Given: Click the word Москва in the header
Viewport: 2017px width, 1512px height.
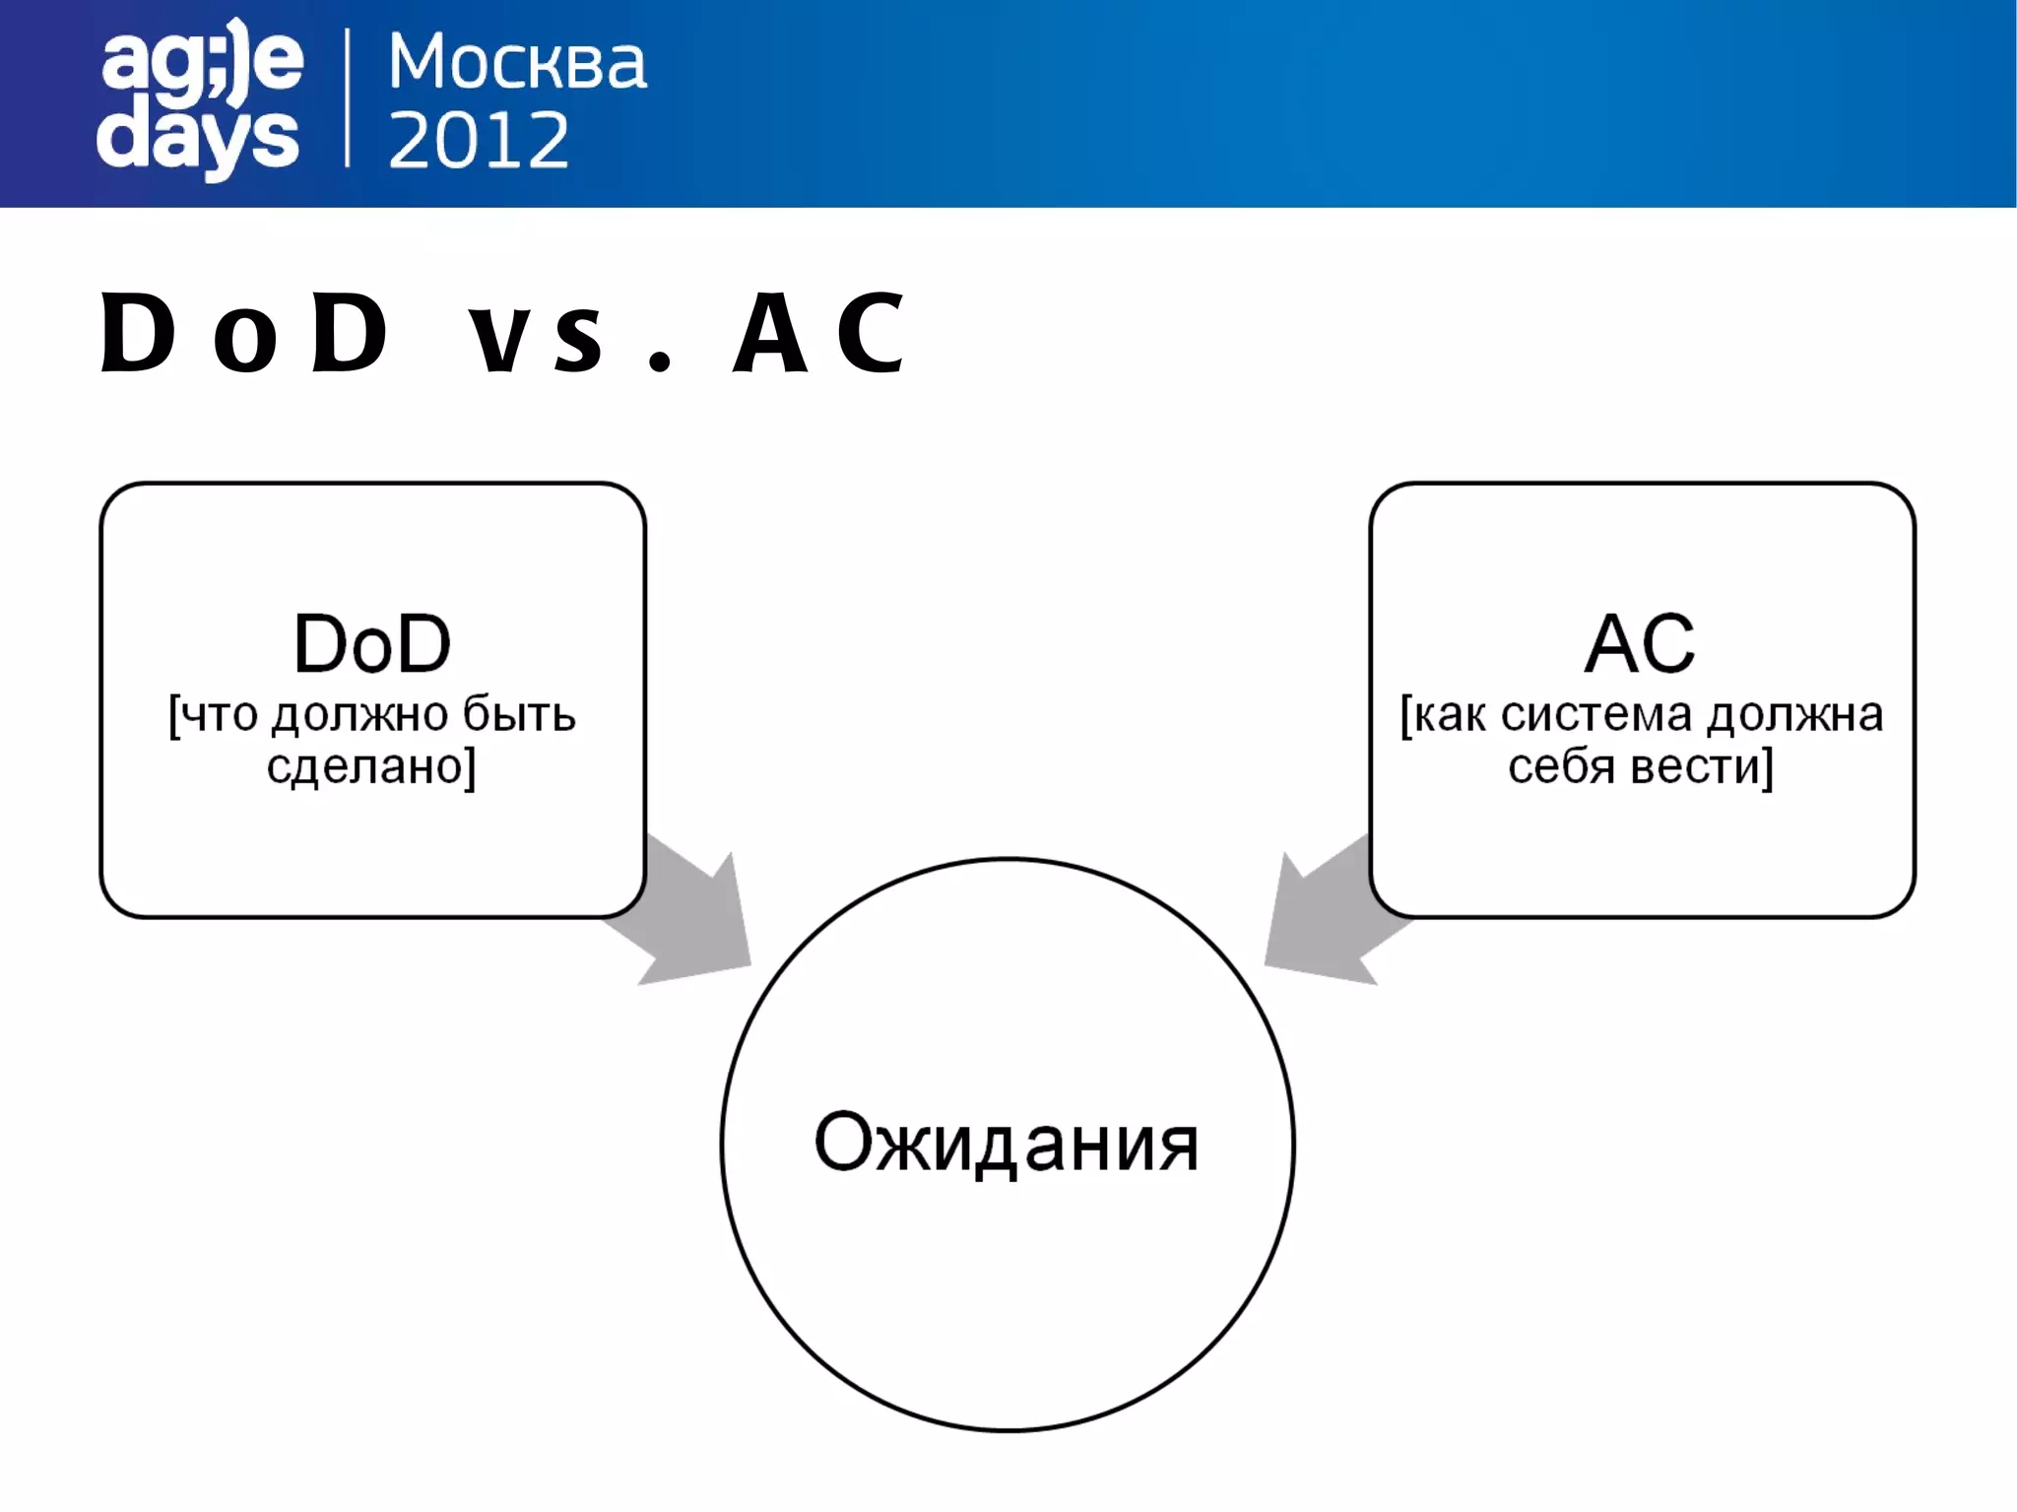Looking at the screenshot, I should [517, 63].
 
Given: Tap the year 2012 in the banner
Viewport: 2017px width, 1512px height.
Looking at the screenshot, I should [479, 140].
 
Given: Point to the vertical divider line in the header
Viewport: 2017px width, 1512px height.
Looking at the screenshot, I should [348, 99].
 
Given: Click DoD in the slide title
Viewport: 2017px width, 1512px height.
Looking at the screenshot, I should [245, 335].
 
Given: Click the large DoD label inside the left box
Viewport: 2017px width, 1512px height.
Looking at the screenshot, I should [372, 644].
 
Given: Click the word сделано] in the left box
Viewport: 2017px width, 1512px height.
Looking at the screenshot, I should [371, 766].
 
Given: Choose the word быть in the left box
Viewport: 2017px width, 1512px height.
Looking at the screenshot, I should [519, 715].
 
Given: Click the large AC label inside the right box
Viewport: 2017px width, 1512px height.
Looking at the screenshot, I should [1640, 644].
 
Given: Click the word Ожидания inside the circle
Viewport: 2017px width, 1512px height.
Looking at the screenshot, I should [1007, 1143].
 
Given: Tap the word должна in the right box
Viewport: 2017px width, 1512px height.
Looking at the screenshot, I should [1794, 715].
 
